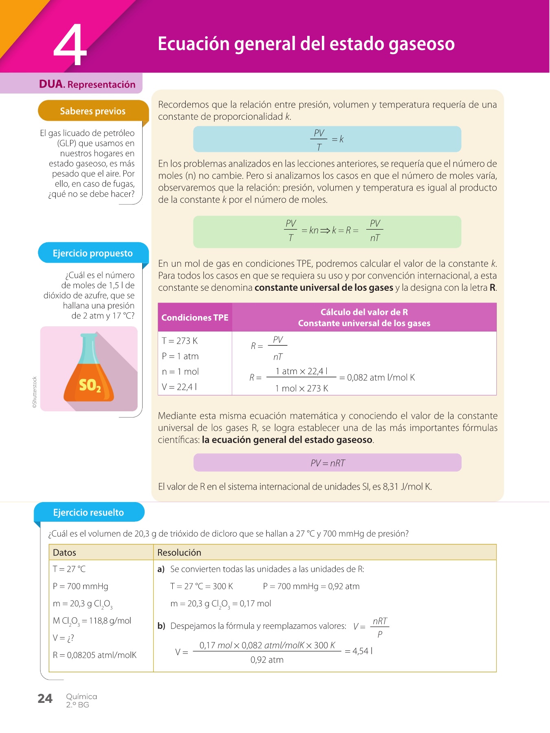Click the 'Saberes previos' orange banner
[x=93, y=111]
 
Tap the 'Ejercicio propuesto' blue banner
[x=93, y=253]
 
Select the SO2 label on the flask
[x=90, y=385]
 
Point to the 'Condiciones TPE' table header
[x=195, y=317]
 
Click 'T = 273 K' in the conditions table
[x=180, y=341]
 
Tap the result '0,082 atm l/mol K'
[x=381, y=377]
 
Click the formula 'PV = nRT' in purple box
[x=328, y=463]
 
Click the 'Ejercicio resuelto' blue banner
[x=88, y=512]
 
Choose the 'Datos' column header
[x=64, y=553]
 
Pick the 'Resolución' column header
[x=179, y=553]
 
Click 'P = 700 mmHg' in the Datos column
[x=81, y=586]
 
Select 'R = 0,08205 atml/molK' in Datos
[x=95, y=655]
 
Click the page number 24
[x=45, y=699]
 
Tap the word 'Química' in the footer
[x=81, y=696]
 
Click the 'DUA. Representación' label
[x=87, y=84]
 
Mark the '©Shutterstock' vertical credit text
[x=35, y=392]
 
